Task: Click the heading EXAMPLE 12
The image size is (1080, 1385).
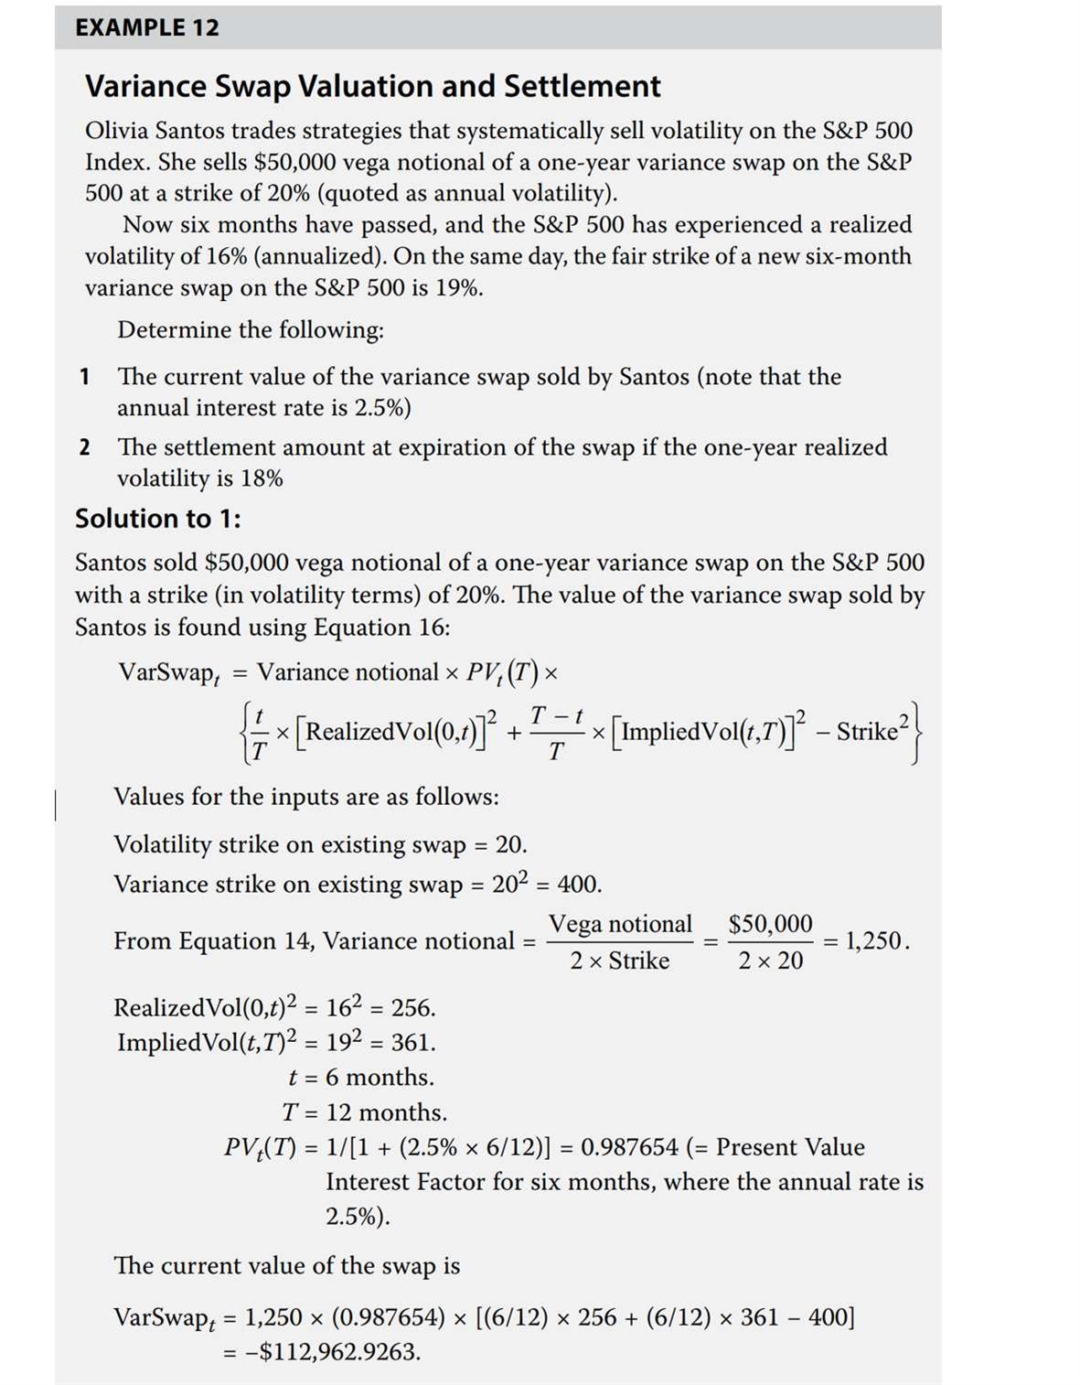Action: (x=147, y=27)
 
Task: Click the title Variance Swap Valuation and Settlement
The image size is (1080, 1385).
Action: (x=372, y=86)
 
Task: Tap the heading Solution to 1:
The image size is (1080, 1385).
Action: (x=158, y=519)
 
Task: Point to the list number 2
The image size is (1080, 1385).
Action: (x=84, y=447)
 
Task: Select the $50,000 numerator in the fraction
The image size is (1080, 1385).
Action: (x=770, y=924)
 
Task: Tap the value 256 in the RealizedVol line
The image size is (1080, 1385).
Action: (x=412, y=1008)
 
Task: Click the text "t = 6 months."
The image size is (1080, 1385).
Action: (x=361, y=1078)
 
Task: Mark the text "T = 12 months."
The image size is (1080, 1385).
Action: (x=364, y=1112)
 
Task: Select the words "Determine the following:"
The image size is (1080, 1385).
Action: (x=251, y=330)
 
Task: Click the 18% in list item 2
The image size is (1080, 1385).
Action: (x=262, y=478)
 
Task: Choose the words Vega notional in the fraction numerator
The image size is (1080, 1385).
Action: (x=620, y=924)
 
